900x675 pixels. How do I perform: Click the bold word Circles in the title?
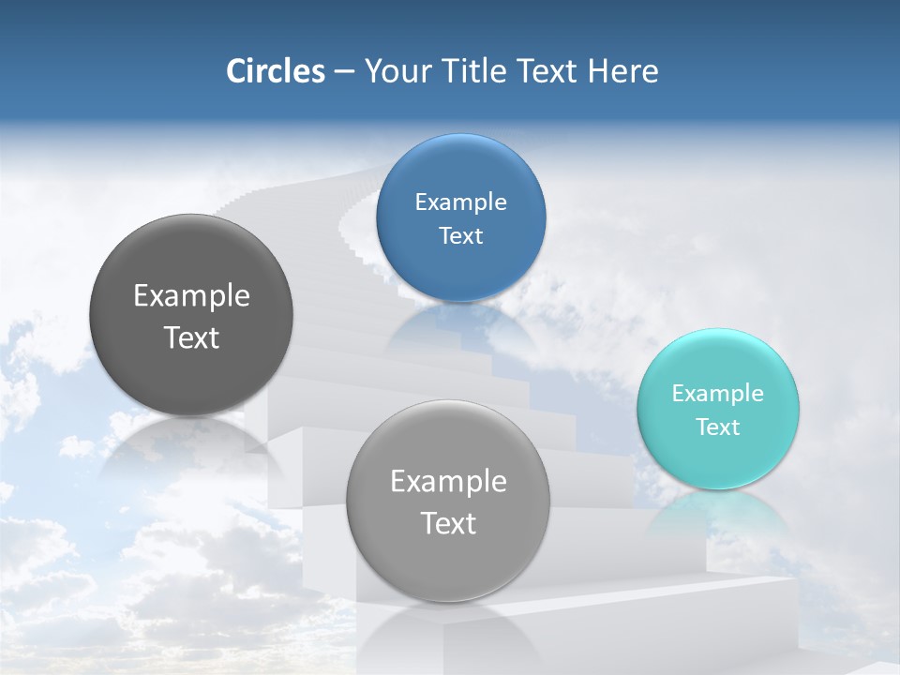[275, 71]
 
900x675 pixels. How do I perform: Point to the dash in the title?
[343, 72]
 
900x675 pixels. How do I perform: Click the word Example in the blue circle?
[460, 202]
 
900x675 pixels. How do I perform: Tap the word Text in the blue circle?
[460, 236]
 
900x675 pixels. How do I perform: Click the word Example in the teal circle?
[717, 394]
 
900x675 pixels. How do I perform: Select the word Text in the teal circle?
[718, 427]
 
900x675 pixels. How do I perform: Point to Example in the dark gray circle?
[191, 296]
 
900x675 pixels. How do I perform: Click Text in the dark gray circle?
[191, 337]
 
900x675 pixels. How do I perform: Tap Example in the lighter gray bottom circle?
[448, 482]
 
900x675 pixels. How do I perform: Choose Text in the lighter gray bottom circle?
[448, 523]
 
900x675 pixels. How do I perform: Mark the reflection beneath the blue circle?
[459, 328]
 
